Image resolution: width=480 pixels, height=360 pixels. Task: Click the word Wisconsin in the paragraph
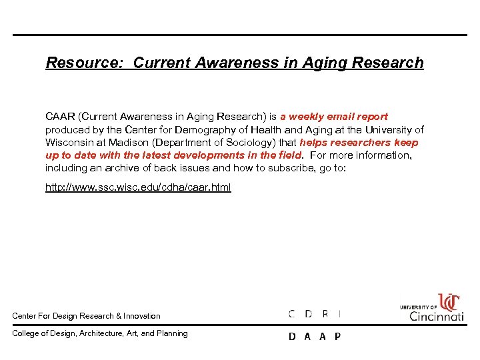(x=69, y=142)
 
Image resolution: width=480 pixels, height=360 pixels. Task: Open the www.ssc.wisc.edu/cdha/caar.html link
(x=138, y=187)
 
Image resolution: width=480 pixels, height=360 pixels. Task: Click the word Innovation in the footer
(x=142, y=316)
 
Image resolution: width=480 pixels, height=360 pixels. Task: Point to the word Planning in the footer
(x=172, y=333)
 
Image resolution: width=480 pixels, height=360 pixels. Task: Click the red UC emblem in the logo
(x=449, y=303)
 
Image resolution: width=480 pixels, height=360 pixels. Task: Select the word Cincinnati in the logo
(x=437, y=316)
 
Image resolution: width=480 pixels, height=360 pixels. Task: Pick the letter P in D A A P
(x=337, y=337)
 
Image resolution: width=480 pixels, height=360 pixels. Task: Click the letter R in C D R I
(x=325, y=314)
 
